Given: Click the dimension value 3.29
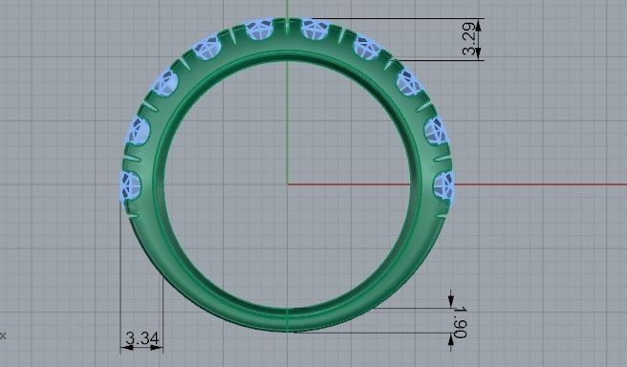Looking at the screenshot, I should click(x=469, y=39).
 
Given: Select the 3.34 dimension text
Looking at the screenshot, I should click(x=141, y=338).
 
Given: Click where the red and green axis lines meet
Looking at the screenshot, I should click(x=288, y=183).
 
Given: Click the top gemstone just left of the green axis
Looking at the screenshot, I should click(x=257, y=31).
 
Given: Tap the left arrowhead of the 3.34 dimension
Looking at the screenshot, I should click(x=124, y=348).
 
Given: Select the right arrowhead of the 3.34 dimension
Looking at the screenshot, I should click(x=162, y=348).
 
